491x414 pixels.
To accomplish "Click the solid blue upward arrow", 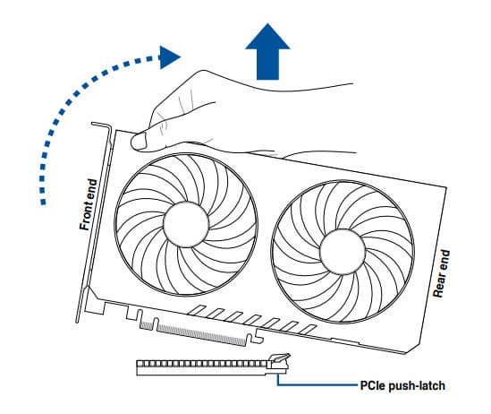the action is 267,52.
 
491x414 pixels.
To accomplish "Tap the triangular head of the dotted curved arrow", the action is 169,57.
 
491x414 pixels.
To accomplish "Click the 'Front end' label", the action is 89,204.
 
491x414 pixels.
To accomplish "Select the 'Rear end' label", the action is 442,273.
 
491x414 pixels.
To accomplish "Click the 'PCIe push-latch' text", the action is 402,385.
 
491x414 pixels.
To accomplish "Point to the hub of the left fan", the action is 186,224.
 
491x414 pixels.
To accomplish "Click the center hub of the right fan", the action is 343,252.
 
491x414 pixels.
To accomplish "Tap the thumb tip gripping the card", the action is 139,141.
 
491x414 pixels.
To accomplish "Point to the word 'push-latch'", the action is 417,385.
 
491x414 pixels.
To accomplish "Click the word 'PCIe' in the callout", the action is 373,384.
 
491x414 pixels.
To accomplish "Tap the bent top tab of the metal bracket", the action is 101,125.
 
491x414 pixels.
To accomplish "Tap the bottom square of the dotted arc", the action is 43,203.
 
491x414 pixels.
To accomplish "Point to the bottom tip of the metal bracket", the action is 77,322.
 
